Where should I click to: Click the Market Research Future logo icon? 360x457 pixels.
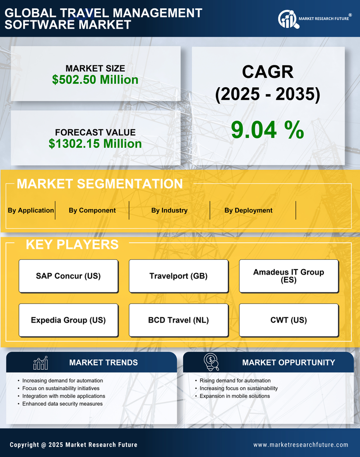pos(287,19)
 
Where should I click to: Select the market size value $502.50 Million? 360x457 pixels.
pos(95,79)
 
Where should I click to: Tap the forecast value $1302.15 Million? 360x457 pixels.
pos(95,144)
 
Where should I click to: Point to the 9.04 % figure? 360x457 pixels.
pos(267,130)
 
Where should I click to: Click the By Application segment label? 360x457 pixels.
pos(31,210)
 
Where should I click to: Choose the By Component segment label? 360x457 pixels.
pos(92,210)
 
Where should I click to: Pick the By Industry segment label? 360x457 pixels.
pos(169,210)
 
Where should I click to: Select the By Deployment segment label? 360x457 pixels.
pos(248,210)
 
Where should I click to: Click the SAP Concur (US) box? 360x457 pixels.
pos(68,276)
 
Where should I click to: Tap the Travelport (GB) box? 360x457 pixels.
pos(178,276)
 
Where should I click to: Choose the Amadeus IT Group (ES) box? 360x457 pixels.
pos(289,276)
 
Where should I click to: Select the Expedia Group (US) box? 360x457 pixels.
pos(68,320)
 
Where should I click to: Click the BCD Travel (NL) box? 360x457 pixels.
pos(178,320)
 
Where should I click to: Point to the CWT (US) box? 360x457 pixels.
pos(289,320)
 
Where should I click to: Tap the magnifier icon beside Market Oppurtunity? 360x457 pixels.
pos(211,362)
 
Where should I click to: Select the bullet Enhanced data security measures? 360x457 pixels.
pos(62,404)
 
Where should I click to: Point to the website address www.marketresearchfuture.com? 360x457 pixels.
pos(301,445)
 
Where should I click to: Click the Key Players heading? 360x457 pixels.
pos(72,244)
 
